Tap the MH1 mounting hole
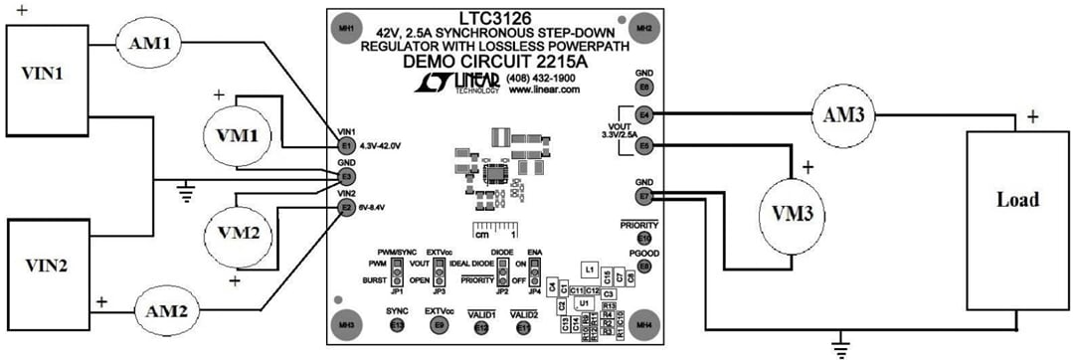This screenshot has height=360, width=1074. point(345,26)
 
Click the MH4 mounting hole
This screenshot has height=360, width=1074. point(644,325)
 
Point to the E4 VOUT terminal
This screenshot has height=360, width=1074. point(645,114)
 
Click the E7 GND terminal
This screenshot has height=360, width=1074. point(645,197)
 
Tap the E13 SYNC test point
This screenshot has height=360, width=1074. point(397,325)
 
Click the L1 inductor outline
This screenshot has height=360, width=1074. point(590,270)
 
